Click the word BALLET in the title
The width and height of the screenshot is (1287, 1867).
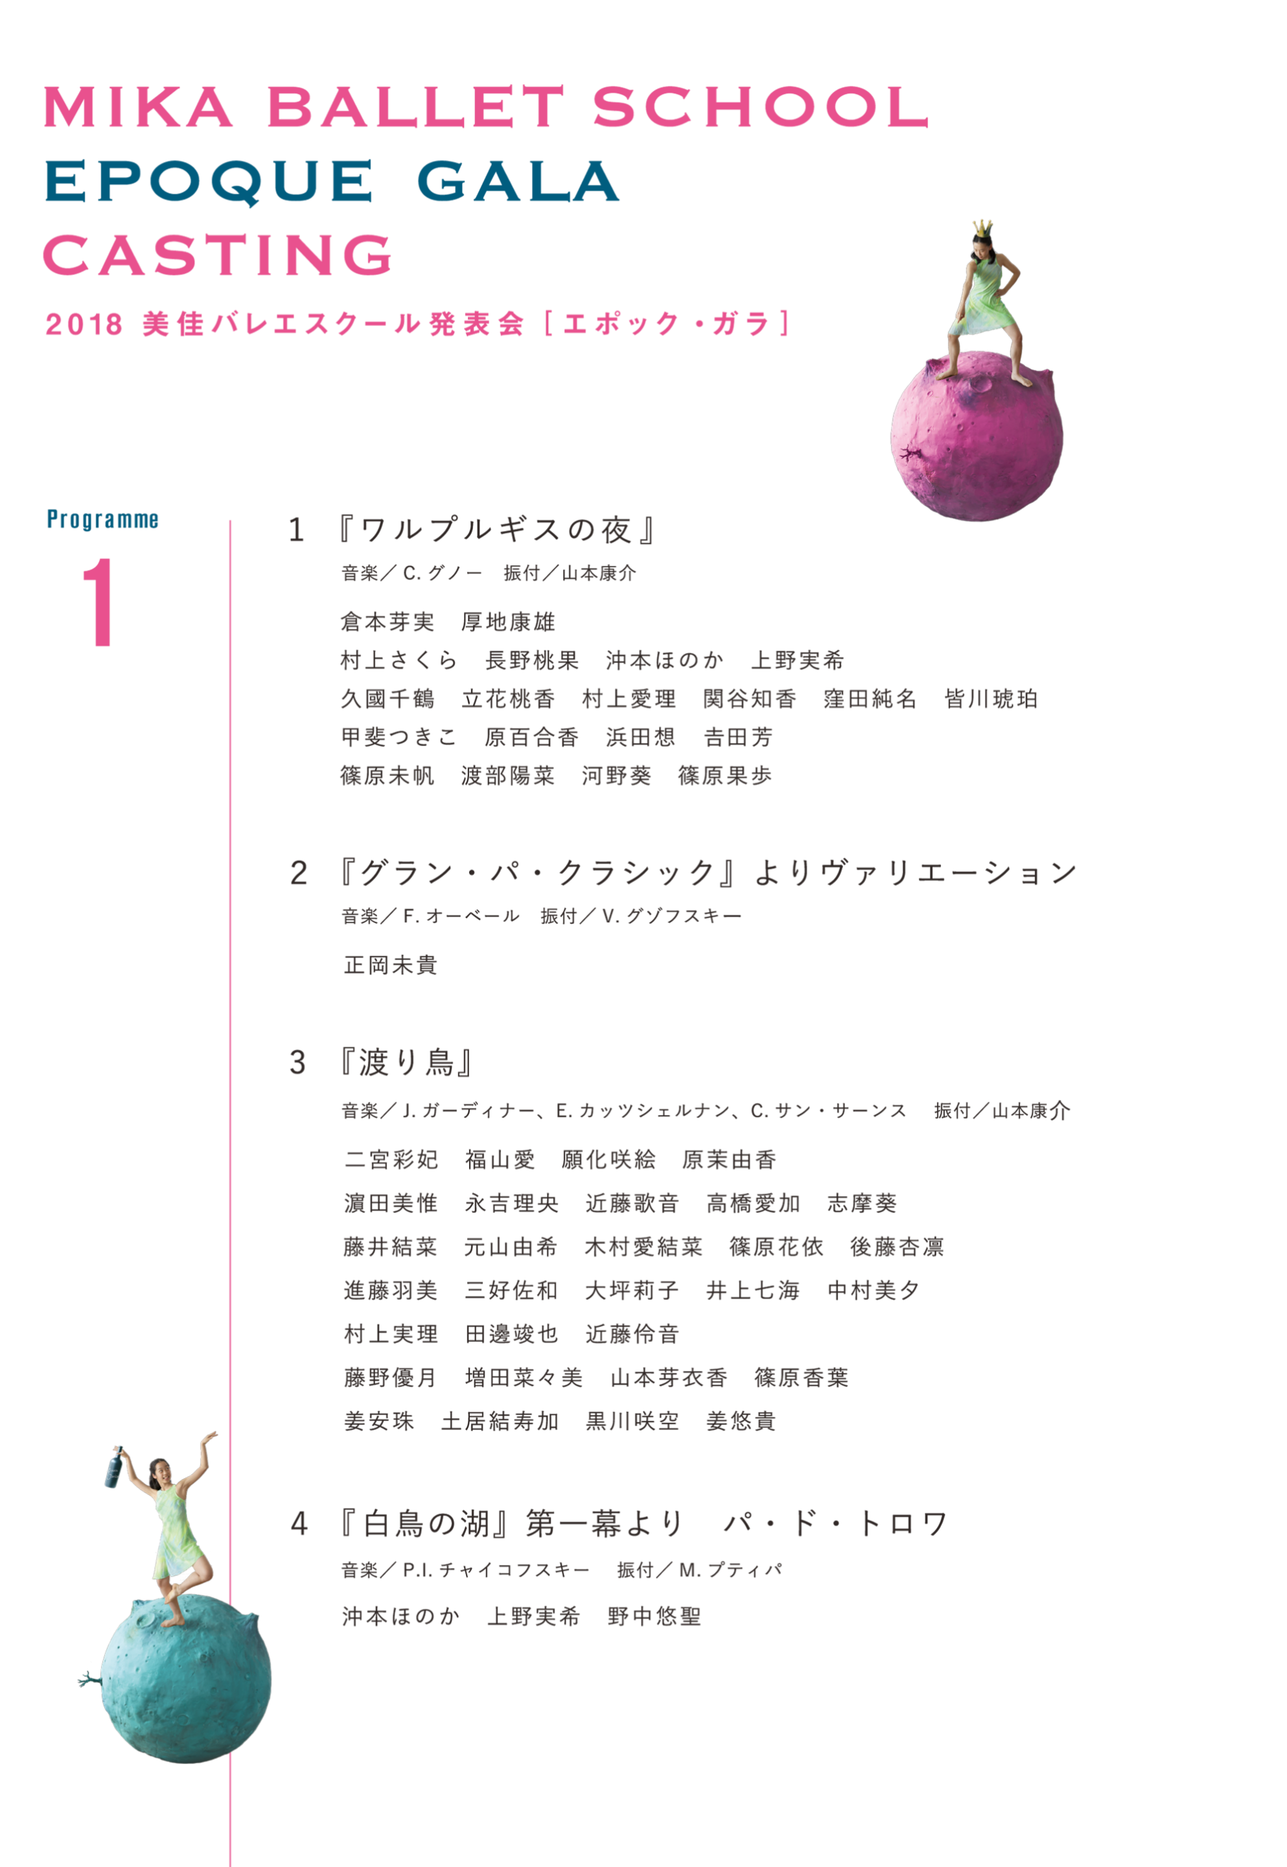[416, 107]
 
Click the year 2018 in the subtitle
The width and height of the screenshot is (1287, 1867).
[84, 324]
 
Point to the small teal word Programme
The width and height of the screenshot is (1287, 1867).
[102, 519]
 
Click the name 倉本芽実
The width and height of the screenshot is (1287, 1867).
[387, 622]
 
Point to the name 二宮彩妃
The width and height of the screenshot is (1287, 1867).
[391, 1160]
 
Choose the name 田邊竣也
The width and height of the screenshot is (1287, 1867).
[512, 1334]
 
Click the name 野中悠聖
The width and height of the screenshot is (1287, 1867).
[655, 1616]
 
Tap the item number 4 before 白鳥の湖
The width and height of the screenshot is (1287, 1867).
[299, 1524]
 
